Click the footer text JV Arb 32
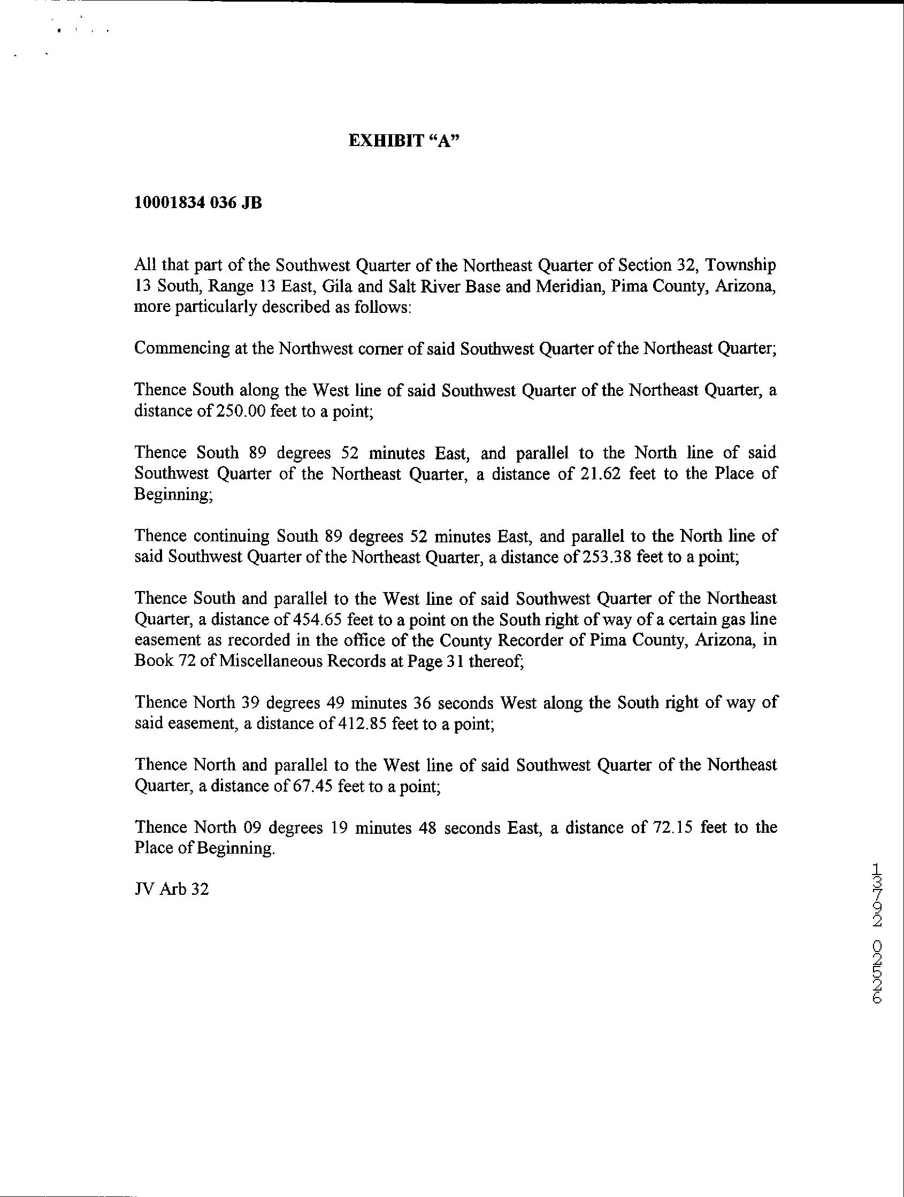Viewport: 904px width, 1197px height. point(172,889)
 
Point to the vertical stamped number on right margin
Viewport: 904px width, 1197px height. point(878,940)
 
